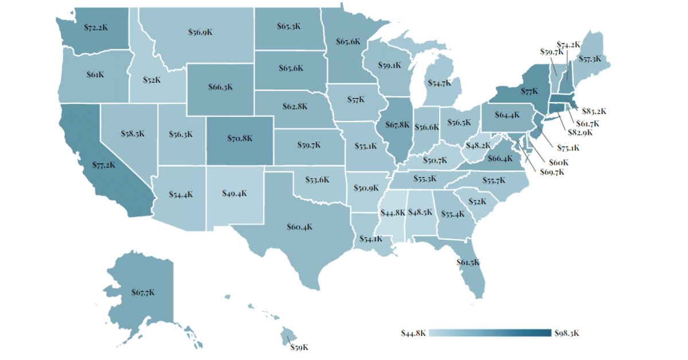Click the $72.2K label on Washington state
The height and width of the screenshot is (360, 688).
[96, 27]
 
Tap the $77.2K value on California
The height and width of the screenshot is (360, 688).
[104, 165]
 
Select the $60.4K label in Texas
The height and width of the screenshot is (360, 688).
[299, 226]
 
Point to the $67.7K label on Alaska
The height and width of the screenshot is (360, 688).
[143, 292]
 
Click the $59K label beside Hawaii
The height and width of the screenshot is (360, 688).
[299, 347]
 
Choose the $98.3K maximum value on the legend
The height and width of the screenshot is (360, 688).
[568, 333]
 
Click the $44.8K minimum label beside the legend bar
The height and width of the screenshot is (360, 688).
[413, 333]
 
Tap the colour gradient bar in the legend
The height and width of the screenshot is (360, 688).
[490, 333]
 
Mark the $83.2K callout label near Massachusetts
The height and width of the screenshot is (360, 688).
[594, 111]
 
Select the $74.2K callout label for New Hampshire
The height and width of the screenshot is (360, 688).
[568, 44]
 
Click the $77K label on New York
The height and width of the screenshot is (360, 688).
[529, 91]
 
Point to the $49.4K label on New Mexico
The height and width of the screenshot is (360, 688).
[234, 193]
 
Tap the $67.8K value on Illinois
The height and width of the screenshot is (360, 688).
[397, 124]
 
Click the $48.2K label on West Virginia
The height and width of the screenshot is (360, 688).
[477, 146]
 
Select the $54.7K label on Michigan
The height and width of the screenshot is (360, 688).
[439, 84]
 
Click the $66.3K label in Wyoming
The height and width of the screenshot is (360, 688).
[220, 88]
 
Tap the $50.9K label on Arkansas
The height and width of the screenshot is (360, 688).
[366, 187]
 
